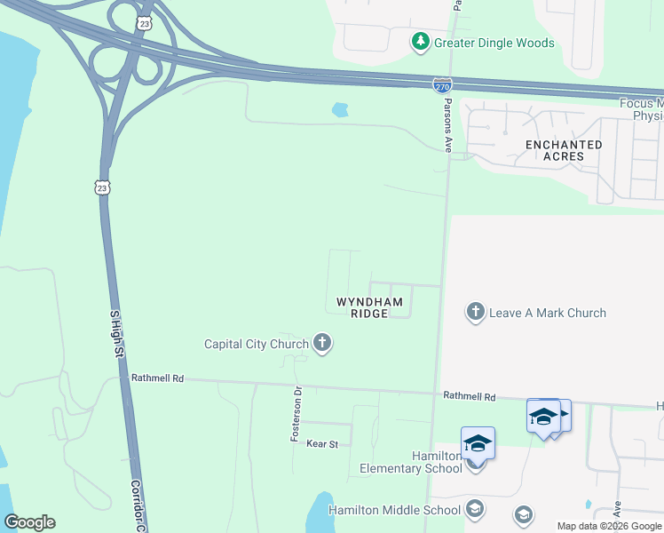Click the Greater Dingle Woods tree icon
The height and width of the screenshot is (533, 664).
tap(420, 42)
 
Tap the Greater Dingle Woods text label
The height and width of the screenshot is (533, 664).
tap(494, 43)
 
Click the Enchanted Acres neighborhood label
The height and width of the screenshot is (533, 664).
tap(563, 150)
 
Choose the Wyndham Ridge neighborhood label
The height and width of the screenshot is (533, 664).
tap(369, 307)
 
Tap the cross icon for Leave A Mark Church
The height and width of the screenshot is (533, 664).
tap(476, 313)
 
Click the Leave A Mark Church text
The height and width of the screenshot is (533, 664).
tap(548, 313)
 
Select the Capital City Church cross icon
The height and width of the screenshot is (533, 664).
tap(321, 344)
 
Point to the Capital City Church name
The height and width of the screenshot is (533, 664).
tap(256, 344)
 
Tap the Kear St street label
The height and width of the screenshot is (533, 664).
tap(322, 442)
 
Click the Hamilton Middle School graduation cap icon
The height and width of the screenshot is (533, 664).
tap(475, 509)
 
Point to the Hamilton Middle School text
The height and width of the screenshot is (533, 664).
tap(394, 509)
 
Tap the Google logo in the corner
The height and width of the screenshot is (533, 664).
tap(29, 522)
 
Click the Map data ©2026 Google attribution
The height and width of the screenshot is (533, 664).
tap(609, 526)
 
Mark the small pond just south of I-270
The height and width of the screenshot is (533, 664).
tap(339, 110)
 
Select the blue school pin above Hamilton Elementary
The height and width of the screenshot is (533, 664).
tap(478, 442)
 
